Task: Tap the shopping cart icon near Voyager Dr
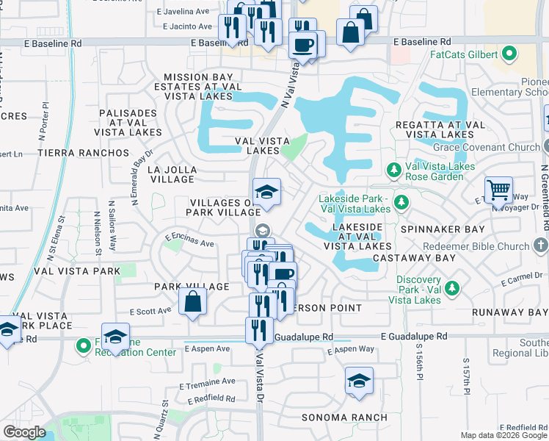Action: click(499, 190)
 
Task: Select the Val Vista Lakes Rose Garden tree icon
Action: click(393, 171)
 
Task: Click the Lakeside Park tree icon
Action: click(401, 201)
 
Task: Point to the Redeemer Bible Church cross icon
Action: click(541, 245)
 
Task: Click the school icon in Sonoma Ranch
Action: click(358, 381)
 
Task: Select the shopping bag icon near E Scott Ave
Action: click(192, 302)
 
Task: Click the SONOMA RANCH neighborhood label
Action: click(344, 417)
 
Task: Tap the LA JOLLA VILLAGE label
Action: click(172, 174)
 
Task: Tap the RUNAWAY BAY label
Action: click(519, 312)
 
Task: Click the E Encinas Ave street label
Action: click(189, 240)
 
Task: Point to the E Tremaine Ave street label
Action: click(210, 382)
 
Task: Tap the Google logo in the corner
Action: click(24, 432)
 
